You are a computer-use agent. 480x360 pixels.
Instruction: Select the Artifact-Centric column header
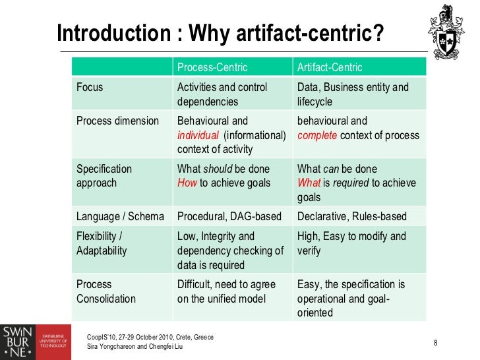(330, 67)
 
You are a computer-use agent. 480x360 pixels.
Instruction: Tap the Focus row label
(90, 87)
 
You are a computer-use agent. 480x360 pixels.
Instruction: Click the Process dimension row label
(117, 121)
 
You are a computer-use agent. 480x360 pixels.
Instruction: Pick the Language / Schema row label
(120, 216)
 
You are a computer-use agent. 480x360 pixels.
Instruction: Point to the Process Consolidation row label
(106, 291)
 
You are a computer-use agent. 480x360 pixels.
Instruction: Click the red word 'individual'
(198, 136)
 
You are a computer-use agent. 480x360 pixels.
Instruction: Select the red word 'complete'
(318, 136)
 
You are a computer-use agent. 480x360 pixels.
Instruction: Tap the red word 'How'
(187, 183)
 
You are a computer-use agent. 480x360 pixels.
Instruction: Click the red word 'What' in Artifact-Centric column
(309, 183)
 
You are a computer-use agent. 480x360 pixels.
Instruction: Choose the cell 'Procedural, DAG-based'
(229, 216)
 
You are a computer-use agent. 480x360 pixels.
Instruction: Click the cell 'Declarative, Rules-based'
(352, 216)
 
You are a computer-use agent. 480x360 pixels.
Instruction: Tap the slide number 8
(436, 342)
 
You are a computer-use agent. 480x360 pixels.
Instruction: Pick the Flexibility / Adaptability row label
(102, 243)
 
